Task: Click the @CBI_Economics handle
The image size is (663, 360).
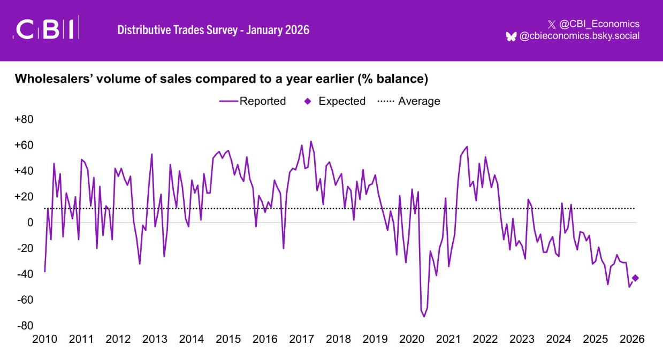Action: point(599,24)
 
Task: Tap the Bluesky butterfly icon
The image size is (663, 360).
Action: point(511,36)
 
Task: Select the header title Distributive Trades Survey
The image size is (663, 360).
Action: point(213,29)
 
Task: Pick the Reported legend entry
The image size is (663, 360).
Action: point(253,101)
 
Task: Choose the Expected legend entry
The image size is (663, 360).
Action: point(336,101)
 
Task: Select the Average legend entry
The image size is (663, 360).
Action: point(409,101)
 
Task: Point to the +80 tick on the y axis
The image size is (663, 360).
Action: point(24,119)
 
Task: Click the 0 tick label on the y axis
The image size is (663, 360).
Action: point(30,223)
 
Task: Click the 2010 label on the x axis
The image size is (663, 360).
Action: point(45,339)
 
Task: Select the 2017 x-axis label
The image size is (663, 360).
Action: point(301,339)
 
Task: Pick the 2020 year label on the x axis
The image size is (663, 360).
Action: point(411,339)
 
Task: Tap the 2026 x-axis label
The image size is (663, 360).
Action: point(631,339)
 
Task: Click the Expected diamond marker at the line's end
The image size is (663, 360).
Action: point(635,278)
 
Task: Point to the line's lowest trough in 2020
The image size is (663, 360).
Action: point(424,317)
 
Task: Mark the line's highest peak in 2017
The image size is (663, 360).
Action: point(311,142)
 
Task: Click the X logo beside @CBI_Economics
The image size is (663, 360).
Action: point(552,24)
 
